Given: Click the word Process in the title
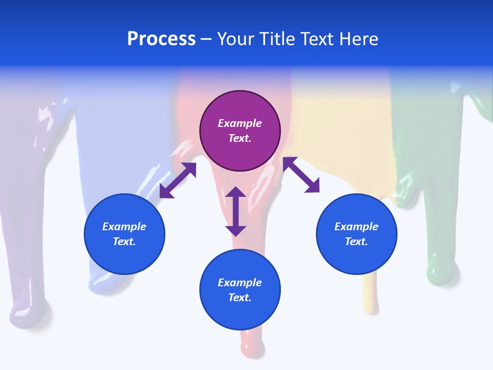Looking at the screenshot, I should pos(161,39).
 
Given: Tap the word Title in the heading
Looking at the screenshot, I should pos(277,39).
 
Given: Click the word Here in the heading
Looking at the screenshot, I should pos(358,39).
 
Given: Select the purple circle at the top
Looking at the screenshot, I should pos(240,131).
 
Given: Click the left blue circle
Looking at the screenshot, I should pos(124,234).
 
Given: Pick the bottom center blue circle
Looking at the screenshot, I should pos(240,290).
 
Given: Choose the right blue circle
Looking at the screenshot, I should pos(356,234).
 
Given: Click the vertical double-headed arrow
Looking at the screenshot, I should pos(236,211).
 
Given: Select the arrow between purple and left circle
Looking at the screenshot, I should pos(178,180).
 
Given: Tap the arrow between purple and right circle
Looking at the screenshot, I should pos(301,175).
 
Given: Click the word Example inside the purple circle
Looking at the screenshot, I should pos(240,123).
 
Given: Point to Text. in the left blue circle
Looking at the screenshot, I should pos(124,242).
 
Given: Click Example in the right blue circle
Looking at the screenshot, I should pos(356,227).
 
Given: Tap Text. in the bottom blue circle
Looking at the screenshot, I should pos(240,298).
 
